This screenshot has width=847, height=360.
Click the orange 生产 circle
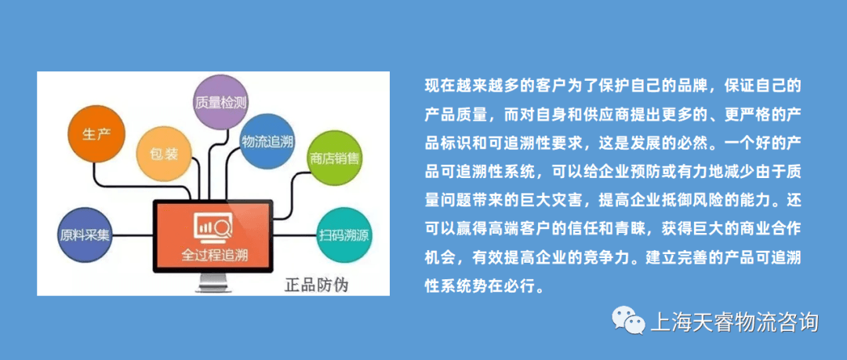click(x=96, y=133)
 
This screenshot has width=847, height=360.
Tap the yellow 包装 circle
click(x=165, y=154)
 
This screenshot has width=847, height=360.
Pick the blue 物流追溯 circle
click(x=267, y=142)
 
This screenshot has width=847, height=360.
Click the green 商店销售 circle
click(x=335, y=159)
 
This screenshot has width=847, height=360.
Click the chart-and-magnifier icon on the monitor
click(x=213, y=227)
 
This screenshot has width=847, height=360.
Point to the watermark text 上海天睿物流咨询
click(x=735, y=322)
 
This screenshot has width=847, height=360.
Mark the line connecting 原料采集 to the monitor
click(x=133, y=235)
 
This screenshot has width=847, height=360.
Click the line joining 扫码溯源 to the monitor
click(x=296, y=235)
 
